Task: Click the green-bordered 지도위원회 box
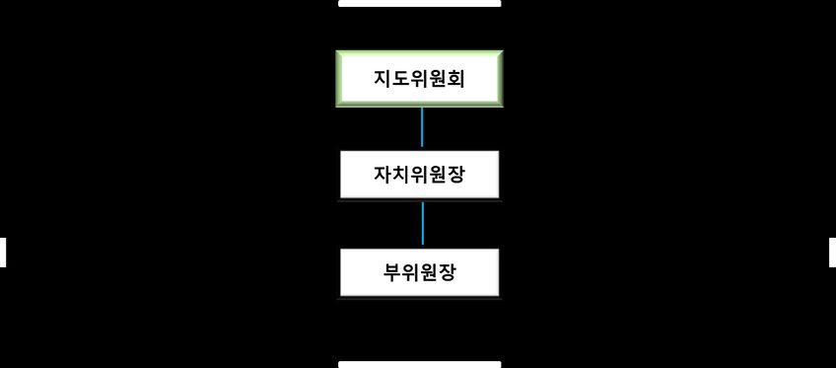point(419,78)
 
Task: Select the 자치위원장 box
point(419,175)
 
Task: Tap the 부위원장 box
point(419,271)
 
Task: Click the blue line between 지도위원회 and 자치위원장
point(422,127)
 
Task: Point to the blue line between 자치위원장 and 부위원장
point(422,224)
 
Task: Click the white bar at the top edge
point(419,3)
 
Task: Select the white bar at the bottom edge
point(419,364)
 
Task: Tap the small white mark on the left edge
point(3,252)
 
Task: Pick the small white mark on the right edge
point(832,252)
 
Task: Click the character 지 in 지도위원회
point(383,78)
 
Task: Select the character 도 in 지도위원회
point(401,78)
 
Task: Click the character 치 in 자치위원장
point(401,175)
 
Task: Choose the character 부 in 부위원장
point(392,271)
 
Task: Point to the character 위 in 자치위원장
point(419,175)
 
